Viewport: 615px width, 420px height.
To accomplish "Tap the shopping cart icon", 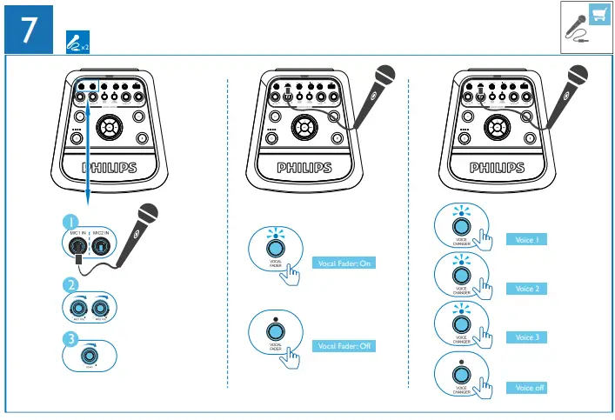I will (598, 14).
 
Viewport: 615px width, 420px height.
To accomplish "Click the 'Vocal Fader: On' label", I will (344, 263).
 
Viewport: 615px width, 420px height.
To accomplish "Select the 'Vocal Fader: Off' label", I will (344, 346).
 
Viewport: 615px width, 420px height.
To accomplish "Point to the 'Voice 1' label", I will (527, 239).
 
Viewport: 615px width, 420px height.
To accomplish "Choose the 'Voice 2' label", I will (527, 288).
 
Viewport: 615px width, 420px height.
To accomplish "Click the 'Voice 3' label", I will (527, 337).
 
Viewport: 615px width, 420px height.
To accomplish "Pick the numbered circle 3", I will (72, 340).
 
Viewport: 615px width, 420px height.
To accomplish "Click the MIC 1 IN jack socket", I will (80, 247).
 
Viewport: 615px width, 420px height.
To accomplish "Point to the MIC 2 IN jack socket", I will (102, 247).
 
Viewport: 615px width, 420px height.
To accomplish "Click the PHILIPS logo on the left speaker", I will (109, 167).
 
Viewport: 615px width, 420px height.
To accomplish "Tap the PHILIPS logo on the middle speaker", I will (304, 167).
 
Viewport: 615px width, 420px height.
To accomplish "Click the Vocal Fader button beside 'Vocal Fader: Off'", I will (275, 332).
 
